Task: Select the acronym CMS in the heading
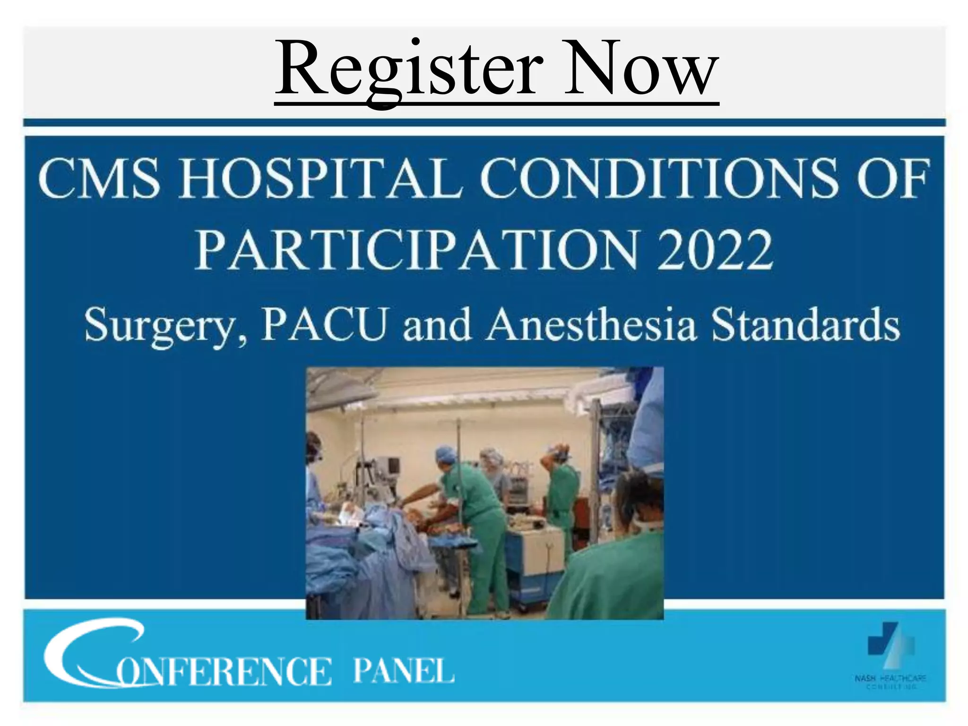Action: pyautogui.click(x=99, y=179)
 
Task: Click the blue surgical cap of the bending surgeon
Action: pyautogui.click(x=445, y=454)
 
